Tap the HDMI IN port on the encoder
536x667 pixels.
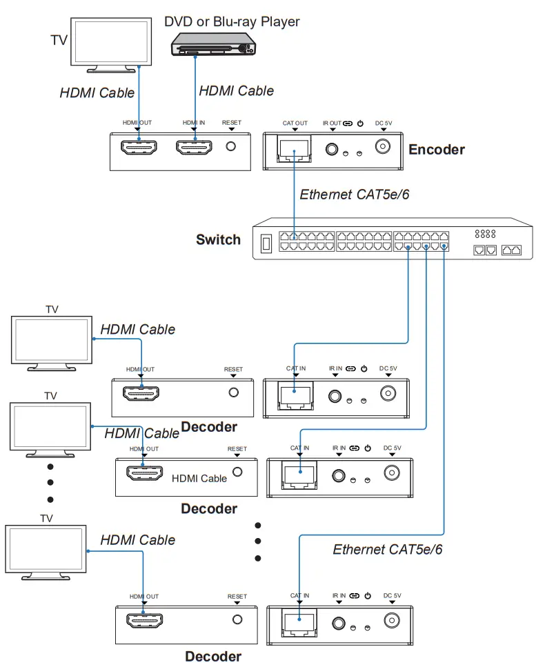[x=194, y=147]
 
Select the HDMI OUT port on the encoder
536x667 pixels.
[x=139, y=147]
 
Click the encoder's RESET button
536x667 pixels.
[x=232, y=147]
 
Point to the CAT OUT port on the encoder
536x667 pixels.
[x=295, y=148]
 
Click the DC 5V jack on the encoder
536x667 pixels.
[x=383, y=147]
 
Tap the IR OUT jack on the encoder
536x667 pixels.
[x=332, y=148]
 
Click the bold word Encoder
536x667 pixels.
[x=436, y=150]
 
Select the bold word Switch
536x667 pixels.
[x=218, y=240]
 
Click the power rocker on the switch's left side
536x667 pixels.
[x=266, y=243]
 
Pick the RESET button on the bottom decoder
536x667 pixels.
[x=237, y=620]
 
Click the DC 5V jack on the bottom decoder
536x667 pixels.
[x=393, y=621]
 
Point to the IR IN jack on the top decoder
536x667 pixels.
[x=336, y=396]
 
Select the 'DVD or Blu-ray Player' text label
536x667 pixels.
[x=232, y=21]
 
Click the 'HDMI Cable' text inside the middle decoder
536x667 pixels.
[x=199, y=478]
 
